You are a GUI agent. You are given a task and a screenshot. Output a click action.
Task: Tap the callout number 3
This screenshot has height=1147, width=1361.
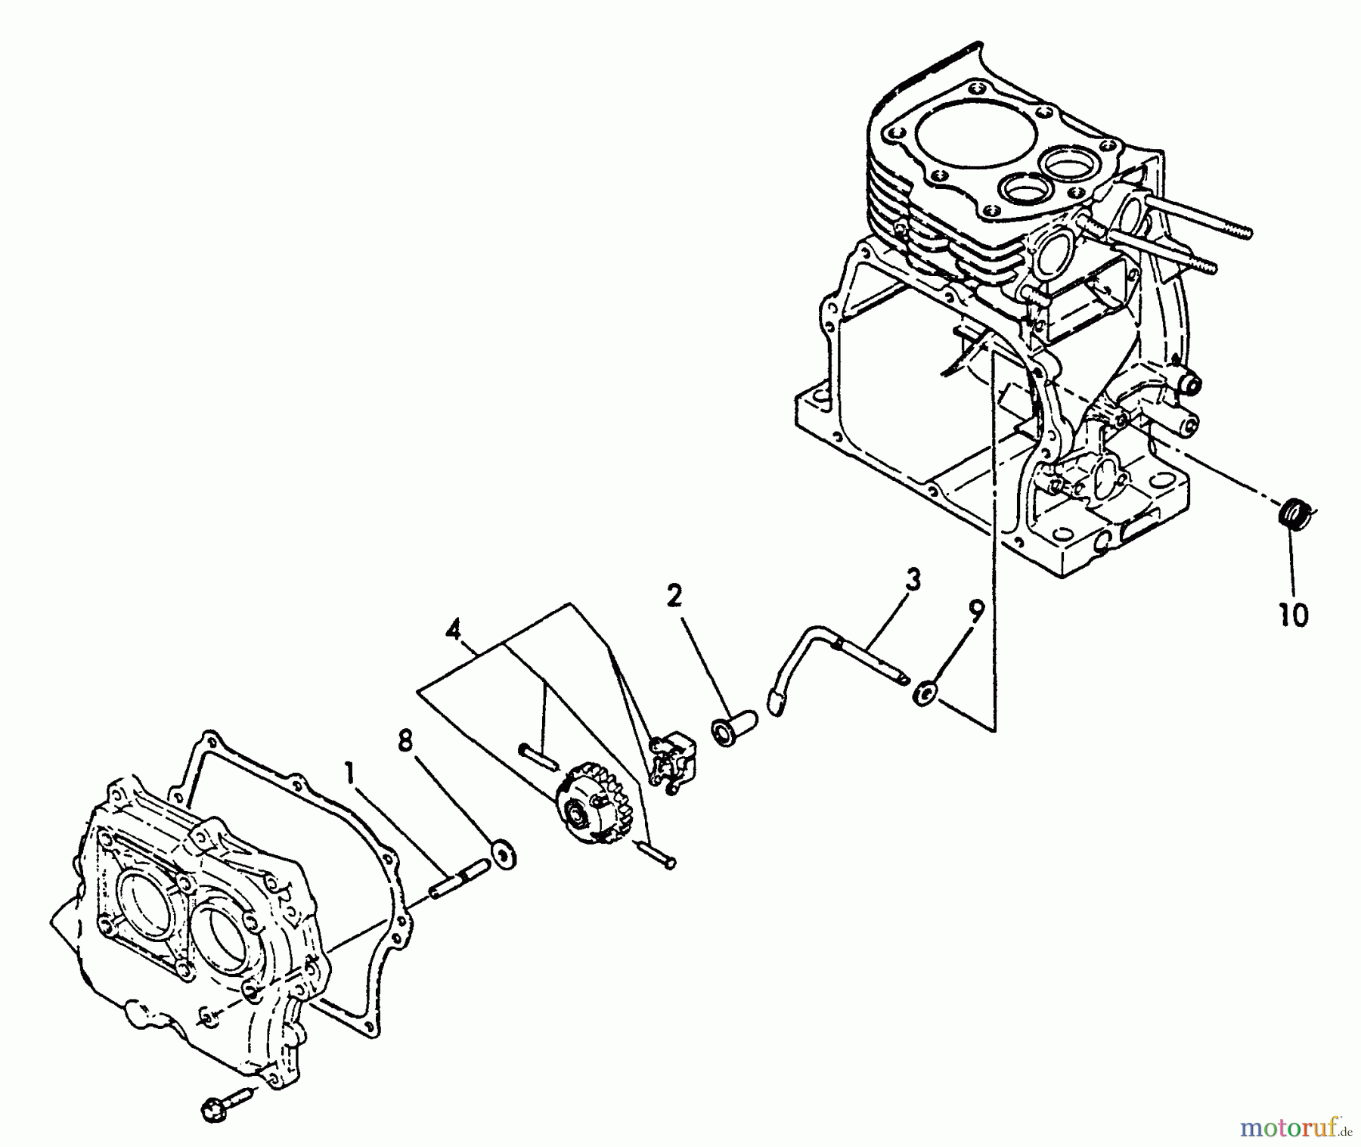pyautogui.click(x=913, y=581)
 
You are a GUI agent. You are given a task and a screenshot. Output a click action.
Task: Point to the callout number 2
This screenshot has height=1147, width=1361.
pyautogui.click(x=674, y=597)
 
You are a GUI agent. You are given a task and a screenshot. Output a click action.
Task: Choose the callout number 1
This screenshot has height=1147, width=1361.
pyautogui.click(x=349, y=772)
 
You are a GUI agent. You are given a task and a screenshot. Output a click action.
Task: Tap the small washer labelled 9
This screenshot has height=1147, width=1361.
pyautogui.click(x=922, y=693)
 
